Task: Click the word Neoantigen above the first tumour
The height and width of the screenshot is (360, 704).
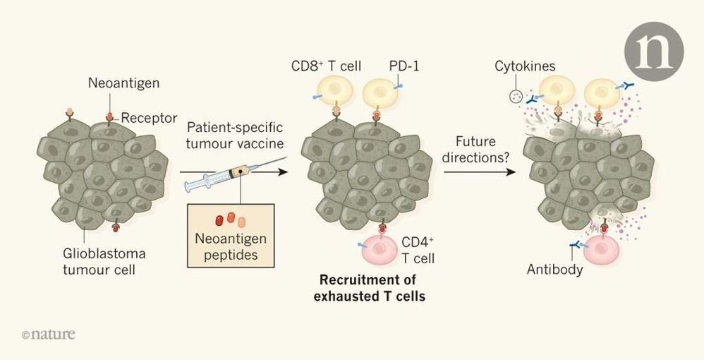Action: (124, 83)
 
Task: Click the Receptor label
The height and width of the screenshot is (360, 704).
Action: (149, 118)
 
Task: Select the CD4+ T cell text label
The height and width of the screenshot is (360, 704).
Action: (418, 251)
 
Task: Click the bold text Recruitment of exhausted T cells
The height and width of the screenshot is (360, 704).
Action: (370, 287)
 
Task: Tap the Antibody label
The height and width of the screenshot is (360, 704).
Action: (554, 270)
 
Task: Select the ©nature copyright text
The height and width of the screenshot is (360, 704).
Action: (48, 334)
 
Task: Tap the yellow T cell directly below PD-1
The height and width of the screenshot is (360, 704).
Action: (382, 95)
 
